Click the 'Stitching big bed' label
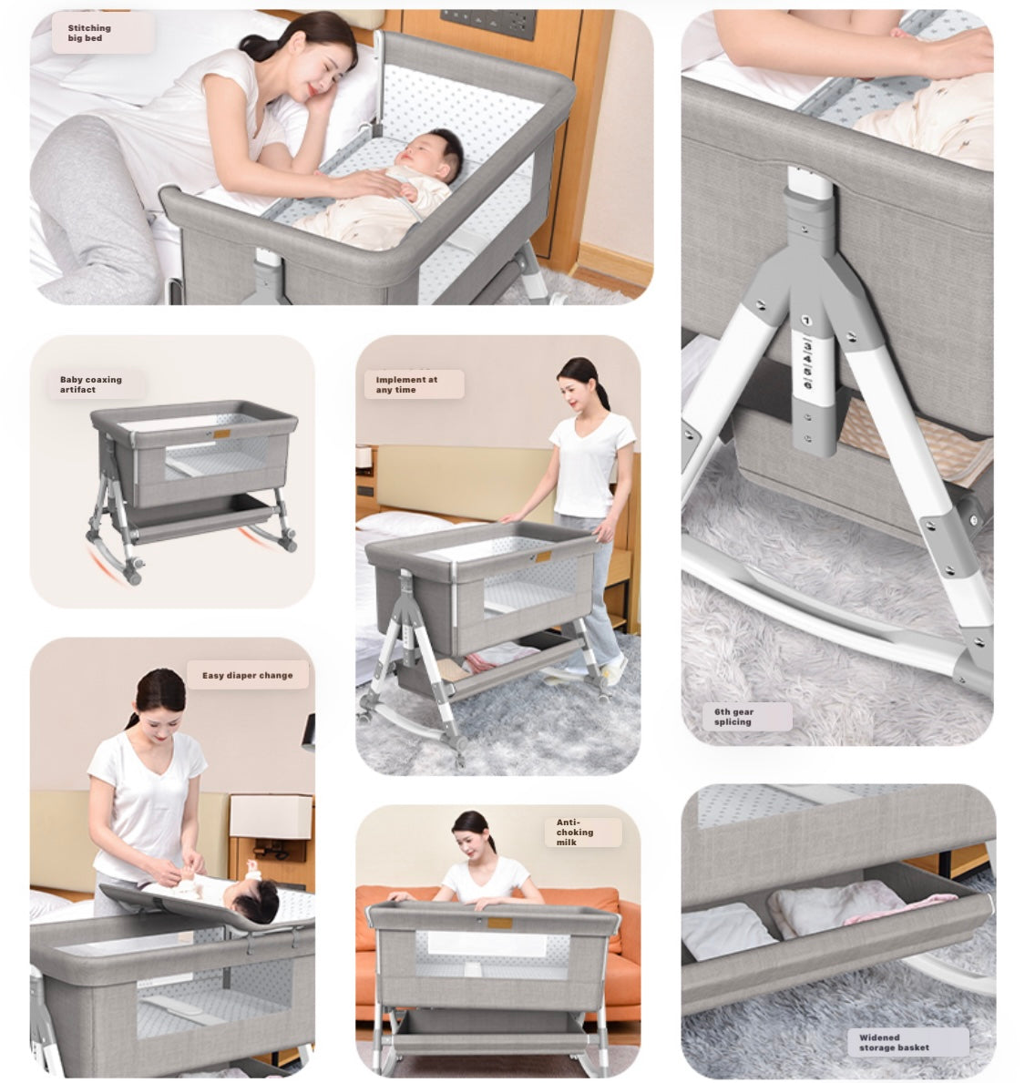coord(89,33)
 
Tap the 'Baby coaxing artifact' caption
coord(90,384)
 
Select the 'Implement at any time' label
coord(406,384)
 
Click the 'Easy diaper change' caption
coord(247,676)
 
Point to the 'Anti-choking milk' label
coord(575,833)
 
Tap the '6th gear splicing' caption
coord(733,717)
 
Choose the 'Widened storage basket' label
coord(894,1042)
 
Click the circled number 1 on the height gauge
coord(805,321)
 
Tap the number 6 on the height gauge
coord(807,384)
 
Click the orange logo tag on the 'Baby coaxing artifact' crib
coord(221,434)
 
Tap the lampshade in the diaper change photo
coord(271,816)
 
